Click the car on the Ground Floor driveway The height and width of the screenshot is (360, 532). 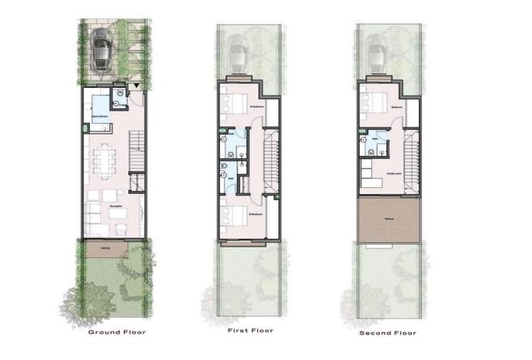(x=102, y=49)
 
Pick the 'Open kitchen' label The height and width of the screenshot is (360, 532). (x=99, y=118)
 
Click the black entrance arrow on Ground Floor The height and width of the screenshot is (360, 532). (x=138, y=85)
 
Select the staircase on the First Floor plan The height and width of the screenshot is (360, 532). (x=271, y=159)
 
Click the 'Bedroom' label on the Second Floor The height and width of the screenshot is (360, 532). (x=396, y=104)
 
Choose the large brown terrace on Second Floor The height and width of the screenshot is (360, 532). (x=389, y=220)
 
